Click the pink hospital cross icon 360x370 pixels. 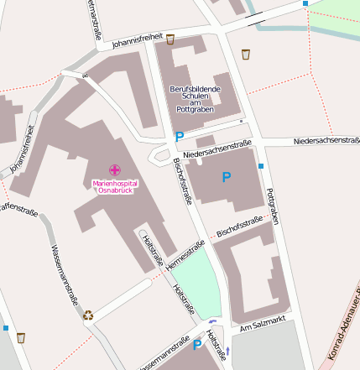click(x=114, y=169)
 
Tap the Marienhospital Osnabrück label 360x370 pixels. click(x=115, y=186)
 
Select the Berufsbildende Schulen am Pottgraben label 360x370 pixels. click(x=195, y=98)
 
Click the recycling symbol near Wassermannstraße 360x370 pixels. click(x=88, y=315)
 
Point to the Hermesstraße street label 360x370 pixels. click(x=185, y=256)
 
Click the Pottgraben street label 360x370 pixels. click(x=271, y=206)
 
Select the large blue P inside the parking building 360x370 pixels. click(x=226, y=177)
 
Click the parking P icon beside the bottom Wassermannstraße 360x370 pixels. click(x=198, y=345)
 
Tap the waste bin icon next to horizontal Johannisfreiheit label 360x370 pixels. click(x=170, y=39)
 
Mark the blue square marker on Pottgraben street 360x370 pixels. click(x=261, y=166)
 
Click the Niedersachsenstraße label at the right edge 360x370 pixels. click(x=326, y=141)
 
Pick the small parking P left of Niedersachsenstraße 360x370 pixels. click(x=179, y=137)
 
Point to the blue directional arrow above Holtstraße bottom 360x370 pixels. click(x=212, y=321)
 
